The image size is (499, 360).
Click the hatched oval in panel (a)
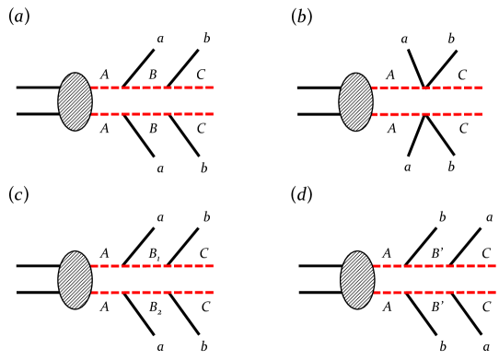tap(75, 100)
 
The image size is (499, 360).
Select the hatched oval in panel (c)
tap(75, 280)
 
